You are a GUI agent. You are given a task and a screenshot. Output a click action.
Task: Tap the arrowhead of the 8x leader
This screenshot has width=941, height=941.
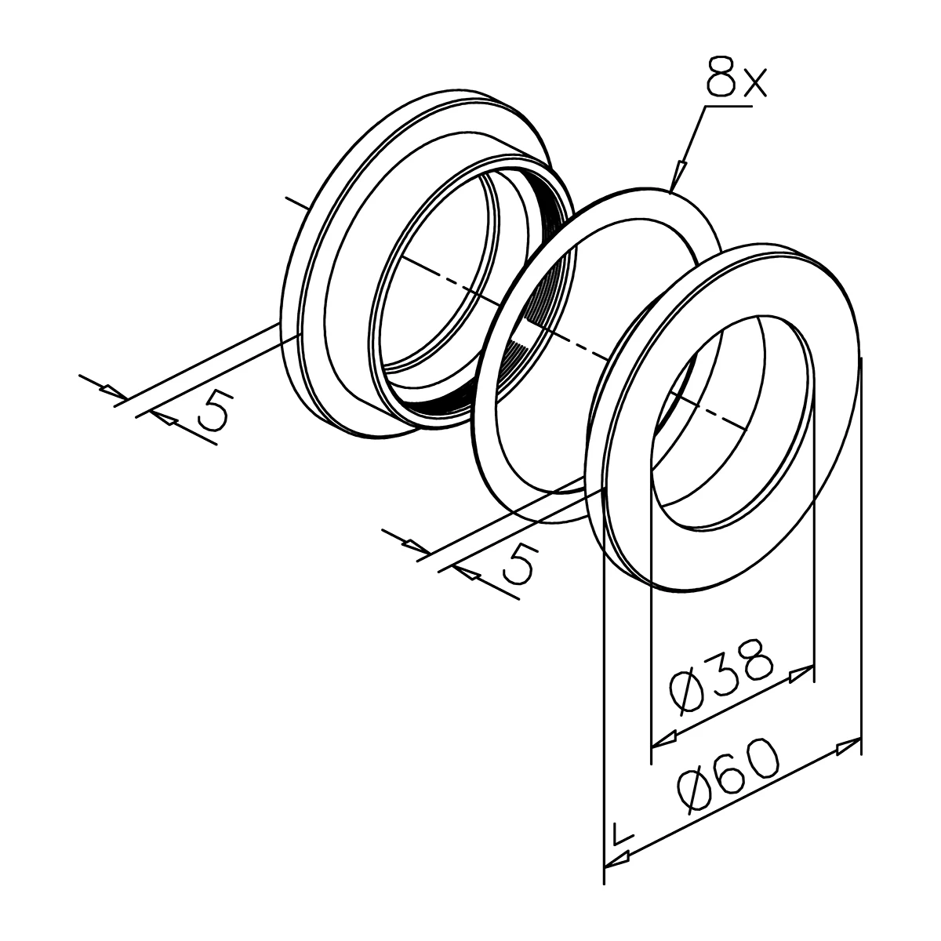click(679, 175)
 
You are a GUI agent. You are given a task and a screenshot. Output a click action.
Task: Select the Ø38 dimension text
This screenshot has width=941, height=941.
click(721, 681)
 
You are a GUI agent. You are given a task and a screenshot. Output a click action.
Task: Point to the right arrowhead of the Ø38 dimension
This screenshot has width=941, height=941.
click(801, 674)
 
